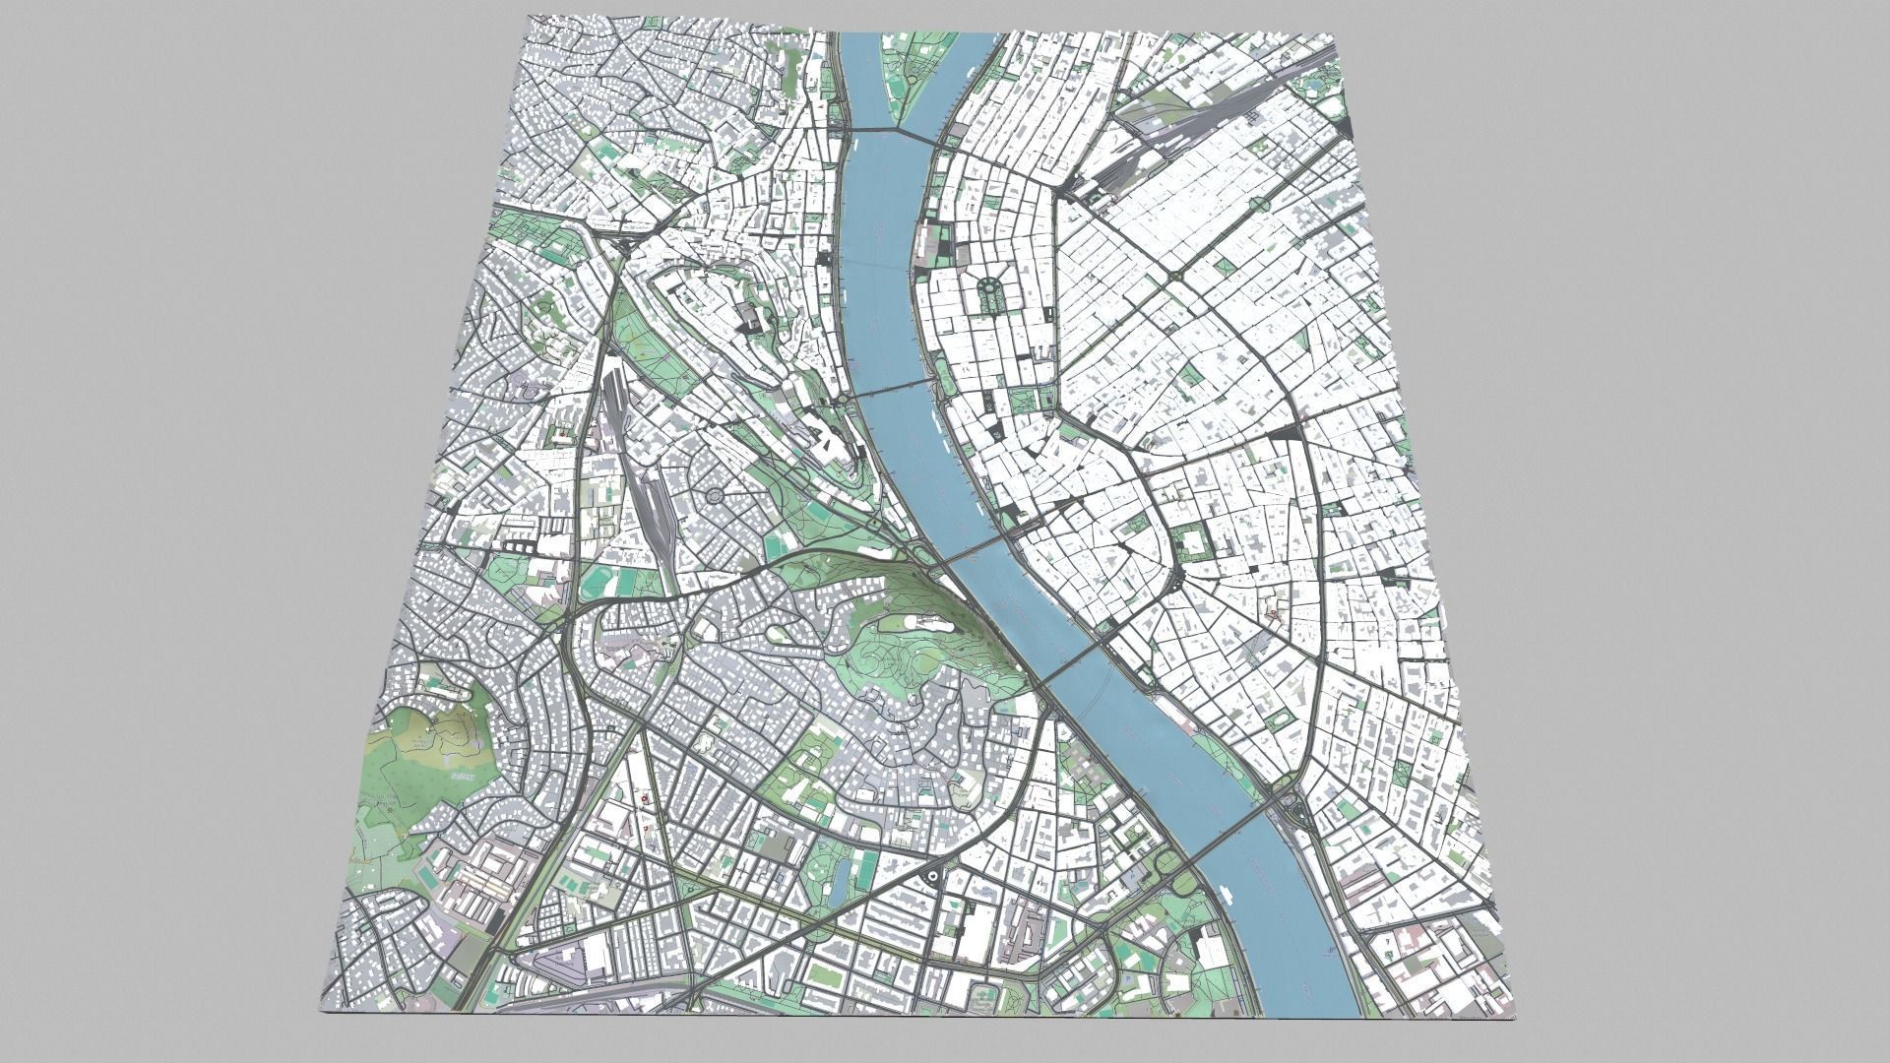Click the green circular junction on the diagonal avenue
[1259, 205]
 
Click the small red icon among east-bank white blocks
[1274, 613]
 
